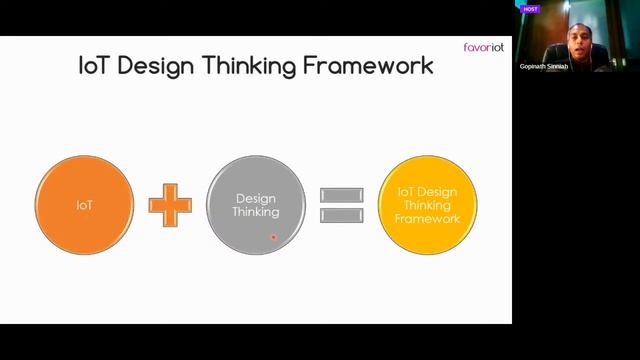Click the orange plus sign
point(170,204)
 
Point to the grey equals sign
point(342,205)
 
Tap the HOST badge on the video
point(530,9)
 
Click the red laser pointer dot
point(273,237)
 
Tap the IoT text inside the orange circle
point(84,205)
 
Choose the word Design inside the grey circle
point(254,198)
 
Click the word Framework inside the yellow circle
point(428,217)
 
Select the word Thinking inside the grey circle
point(256,211)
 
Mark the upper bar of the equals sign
point(342,195)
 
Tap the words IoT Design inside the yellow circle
point(428,191)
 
